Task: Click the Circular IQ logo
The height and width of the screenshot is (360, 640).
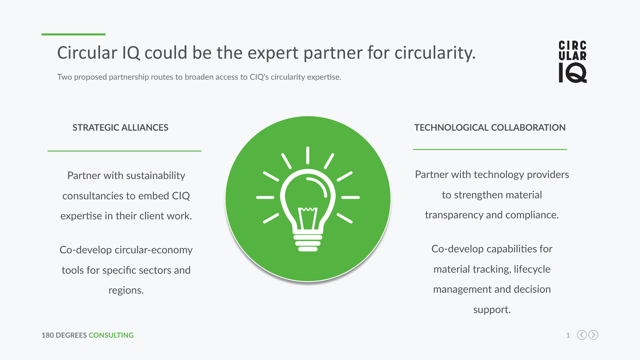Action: click(573, 62)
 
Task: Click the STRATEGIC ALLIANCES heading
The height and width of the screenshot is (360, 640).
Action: click(120, 128)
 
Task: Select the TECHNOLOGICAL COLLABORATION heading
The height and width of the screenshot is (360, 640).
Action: click(490, 128)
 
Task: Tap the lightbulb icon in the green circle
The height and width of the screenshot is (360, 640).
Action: click(308, 199)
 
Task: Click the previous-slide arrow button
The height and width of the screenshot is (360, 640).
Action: click(582, 335)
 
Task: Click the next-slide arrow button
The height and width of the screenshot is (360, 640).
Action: click(593, 335)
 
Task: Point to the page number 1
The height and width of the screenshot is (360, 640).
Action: click(568, 335)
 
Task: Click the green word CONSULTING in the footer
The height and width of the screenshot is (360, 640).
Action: click(111, 335)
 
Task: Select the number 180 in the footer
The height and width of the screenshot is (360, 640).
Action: click(48, 335)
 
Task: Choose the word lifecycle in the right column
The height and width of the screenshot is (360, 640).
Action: click(532, 269)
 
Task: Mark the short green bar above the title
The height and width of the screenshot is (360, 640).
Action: click(73, 34)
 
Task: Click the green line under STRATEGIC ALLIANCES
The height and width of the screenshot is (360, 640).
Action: click(124, 151)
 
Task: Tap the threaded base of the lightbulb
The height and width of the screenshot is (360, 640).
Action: click(308, 243)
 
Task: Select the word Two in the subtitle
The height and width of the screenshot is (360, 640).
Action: click(64, 77)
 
